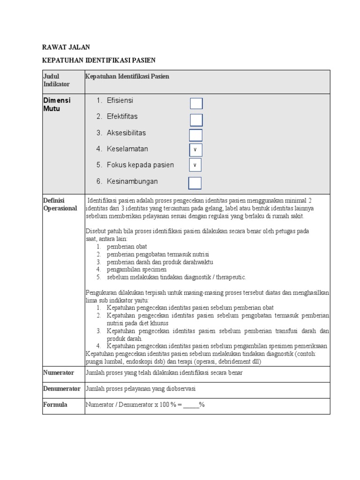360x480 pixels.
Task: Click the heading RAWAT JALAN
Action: pos(66,47)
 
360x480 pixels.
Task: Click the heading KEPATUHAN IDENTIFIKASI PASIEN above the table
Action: pos(98,60)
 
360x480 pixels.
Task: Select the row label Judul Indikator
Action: pos(56,80)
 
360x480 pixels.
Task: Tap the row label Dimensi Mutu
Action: pos(57,105)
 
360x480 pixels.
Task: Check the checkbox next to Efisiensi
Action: pos(196,104)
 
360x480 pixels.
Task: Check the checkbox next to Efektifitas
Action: pos(196,120)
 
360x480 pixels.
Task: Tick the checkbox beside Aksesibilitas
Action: pos(196,135)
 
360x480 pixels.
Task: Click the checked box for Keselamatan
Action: pos(195,150)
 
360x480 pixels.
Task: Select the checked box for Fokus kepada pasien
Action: pos(195,165)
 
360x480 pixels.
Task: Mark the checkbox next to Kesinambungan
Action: pos(195,183)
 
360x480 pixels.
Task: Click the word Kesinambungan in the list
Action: pos(132,181)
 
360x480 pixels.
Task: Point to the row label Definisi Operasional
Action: pos(60,204)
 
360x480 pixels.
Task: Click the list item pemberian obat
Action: pos(127,247)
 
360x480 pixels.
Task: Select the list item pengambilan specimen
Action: pos(136,270)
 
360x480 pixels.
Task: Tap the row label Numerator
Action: pos(59,373)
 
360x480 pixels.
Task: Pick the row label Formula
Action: pos(55,405)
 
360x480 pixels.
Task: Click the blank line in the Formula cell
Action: pos(191,405)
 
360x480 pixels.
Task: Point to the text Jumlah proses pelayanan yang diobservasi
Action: pos(141,389)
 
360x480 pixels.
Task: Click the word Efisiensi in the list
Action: pos(120,100)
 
